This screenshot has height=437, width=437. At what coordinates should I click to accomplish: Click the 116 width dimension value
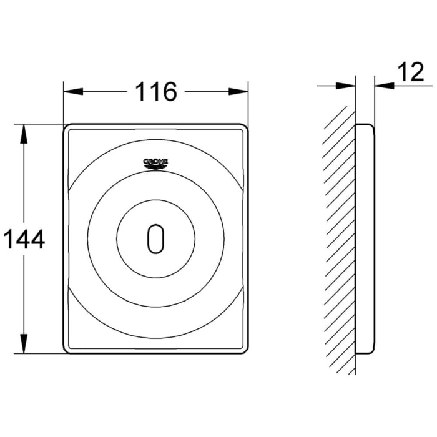(x=155, y=92)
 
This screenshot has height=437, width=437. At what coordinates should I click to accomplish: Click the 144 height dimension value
(x=23, y=238)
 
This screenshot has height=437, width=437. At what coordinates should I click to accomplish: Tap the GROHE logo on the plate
(x=155, y=164)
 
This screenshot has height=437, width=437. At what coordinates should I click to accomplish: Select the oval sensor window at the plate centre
(x=155, y=238)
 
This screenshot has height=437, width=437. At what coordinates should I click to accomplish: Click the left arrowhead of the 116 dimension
(x=72, y=92)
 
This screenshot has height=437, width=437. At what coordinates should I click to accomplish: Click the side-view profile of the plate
(x=365, y=238)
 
